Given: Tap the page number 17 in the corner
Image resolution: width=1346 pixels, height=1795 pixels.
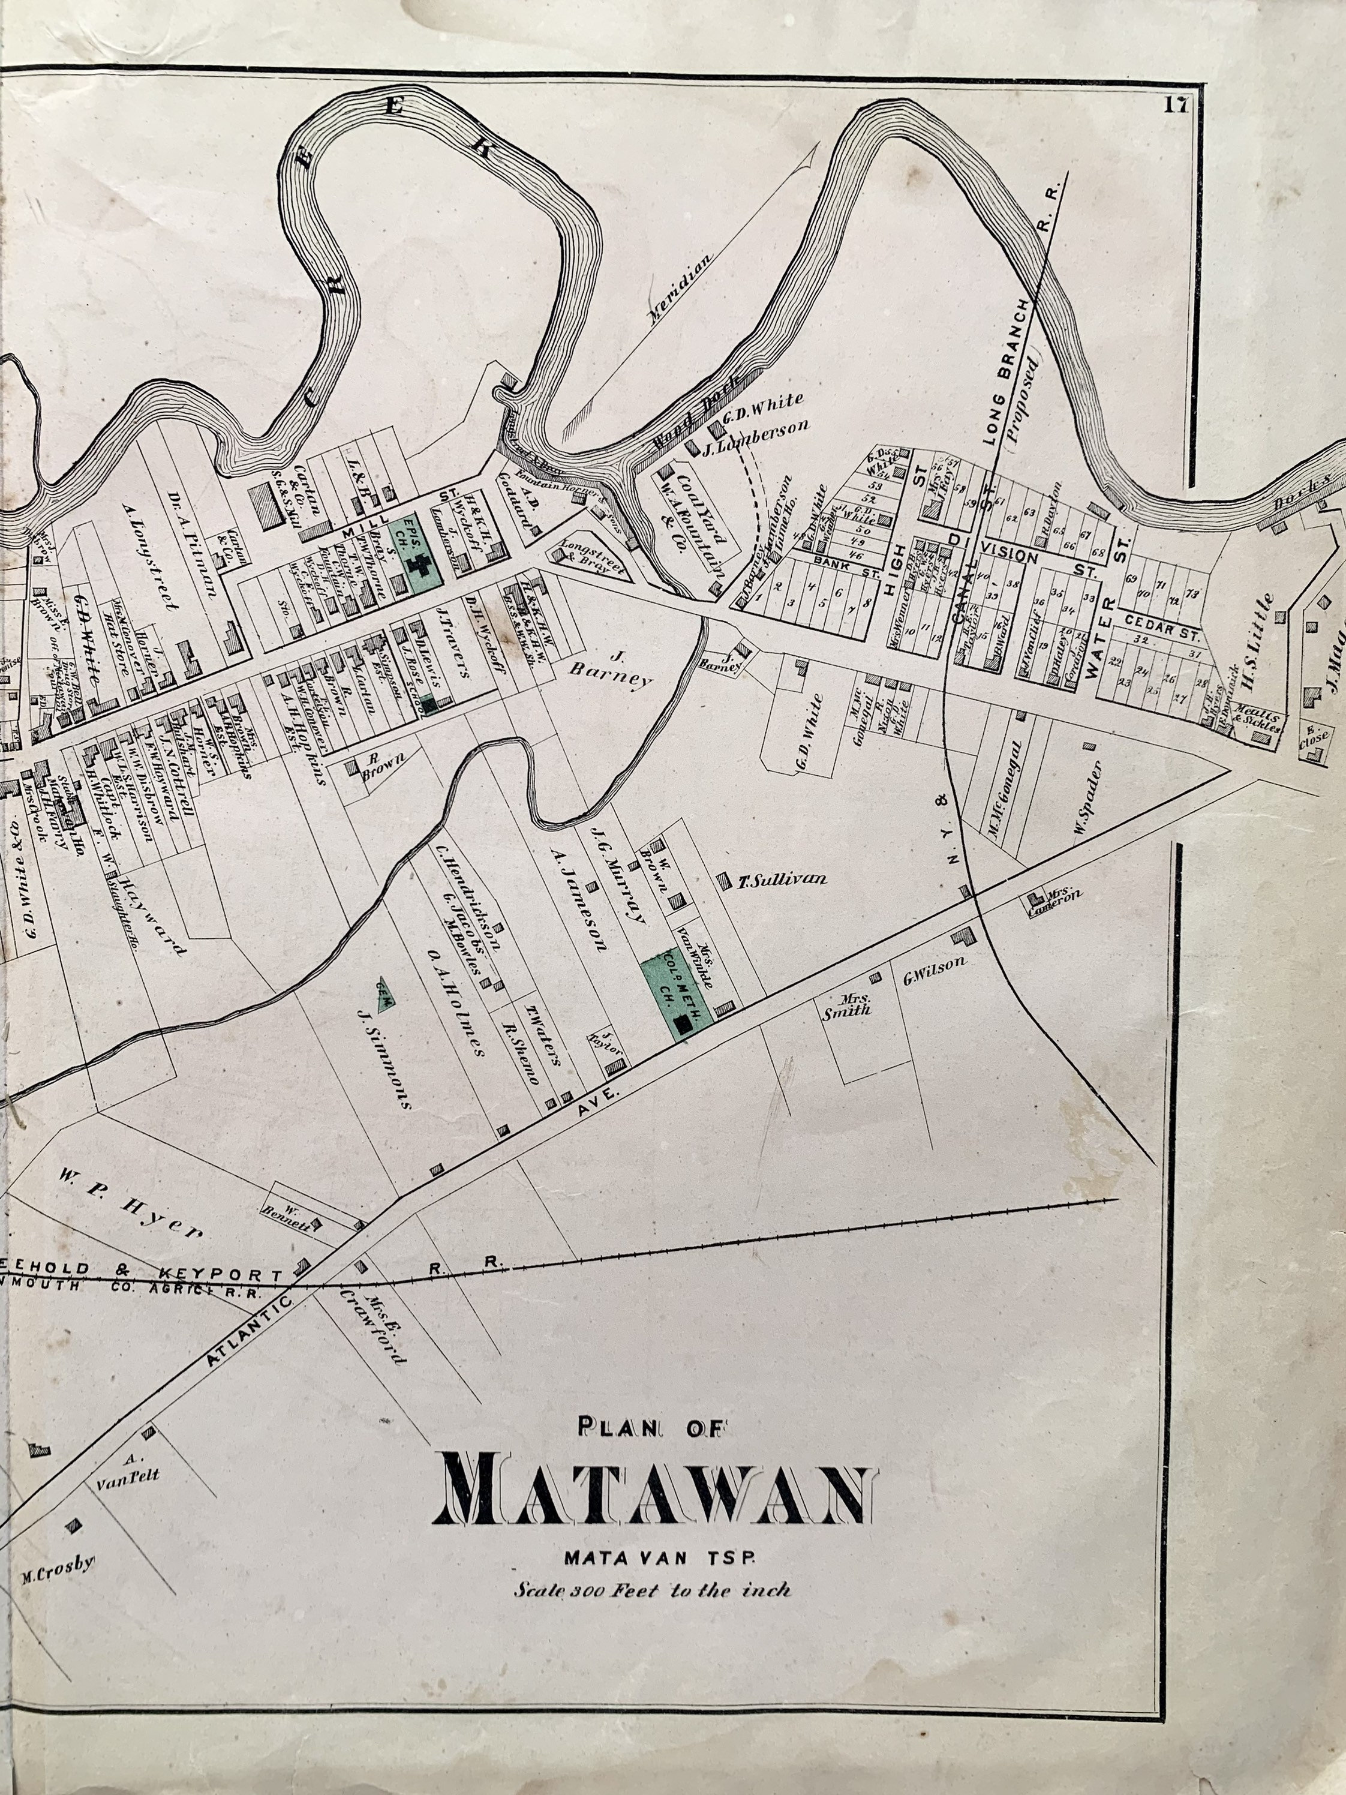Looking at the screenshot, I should click(x=1176, y=106).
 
